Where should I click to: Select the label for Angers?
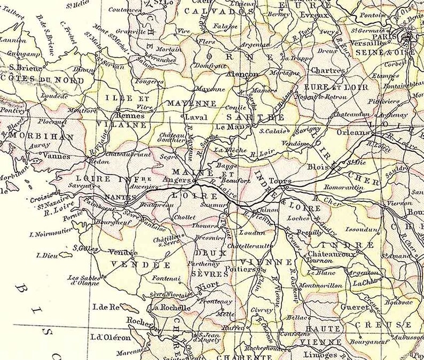click(176, 181)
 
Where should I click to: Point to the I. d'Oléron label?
click(111, 337)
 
